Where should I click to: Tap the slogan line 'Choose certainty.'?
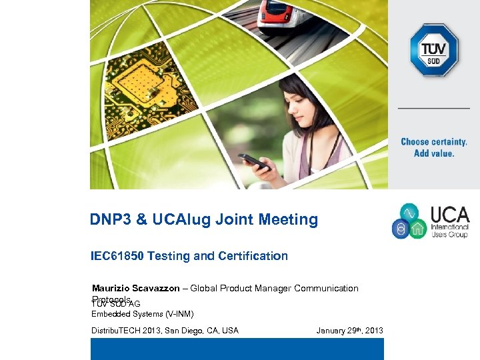tap(433, 142)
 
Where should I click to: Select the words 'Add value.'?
tap(434, 153)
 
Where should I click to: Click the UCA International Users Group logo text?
tap(449, 222)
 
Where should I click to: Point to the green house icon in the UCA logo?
tap(419, 229)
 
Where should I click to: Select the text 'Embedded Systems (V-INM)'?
tap(142, 314)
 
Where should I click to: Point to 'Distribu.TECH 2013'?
tap(131, 331)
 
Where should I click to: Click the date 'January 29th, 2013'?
tap(349, 331)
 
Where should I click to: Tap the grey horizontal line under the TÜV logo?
tap(433, 108)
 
